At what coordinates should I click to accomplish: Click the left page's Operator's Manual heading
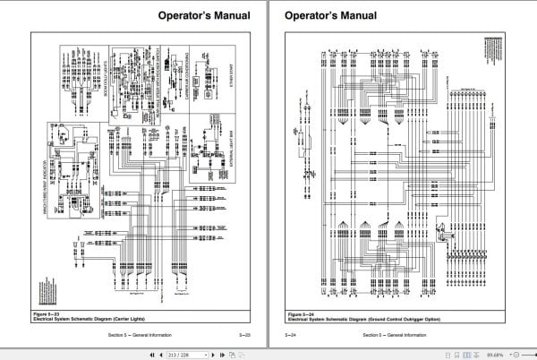[x=202, y=15]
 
